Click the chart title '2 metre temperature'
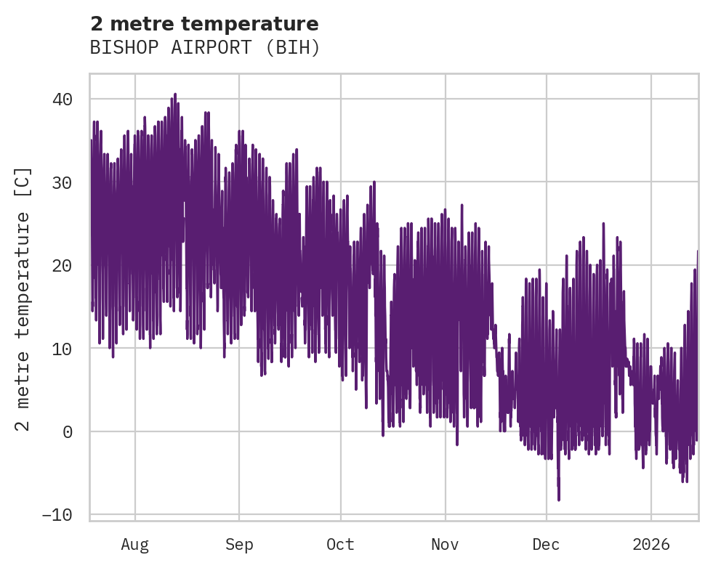(x=204, y=24)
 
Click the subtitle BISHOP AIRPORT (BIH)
(x=204, y=48)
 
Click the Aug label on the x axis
(x=134, y=544)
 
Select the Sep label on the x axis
(x=238, y=544)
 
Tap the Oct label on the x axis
(x=340, y=544)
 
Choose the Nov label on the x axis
(x=445, y=544)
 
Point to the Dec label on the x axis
(x=546, y=544)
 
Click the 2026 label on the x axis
(x=650, y=544)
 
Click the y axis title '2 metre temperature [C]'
(x=24, y=299)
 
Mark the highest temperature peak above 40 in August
(x=175, y=94)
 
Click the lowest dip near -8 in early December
(x=559, y=499)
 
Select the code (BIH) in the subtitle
(x=293, y=48)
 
